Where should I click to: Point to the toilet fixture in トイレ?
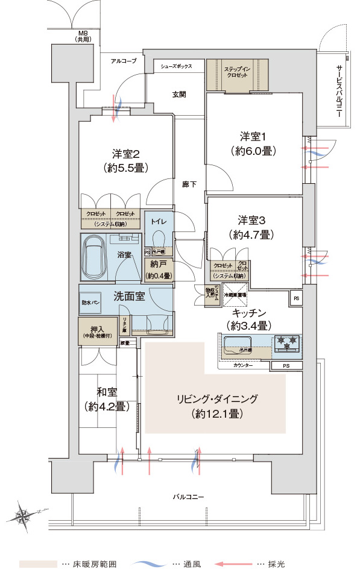click(x=160, y=237)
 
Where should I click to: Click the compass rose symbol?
click(x=24, y=515)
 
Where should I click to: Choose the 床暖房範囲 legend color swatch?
click(x=38, y=564)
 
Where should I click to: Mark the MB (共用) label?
click(x=83, y=36)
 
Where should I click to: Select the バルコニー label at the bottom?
click(x=188, y=497)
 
